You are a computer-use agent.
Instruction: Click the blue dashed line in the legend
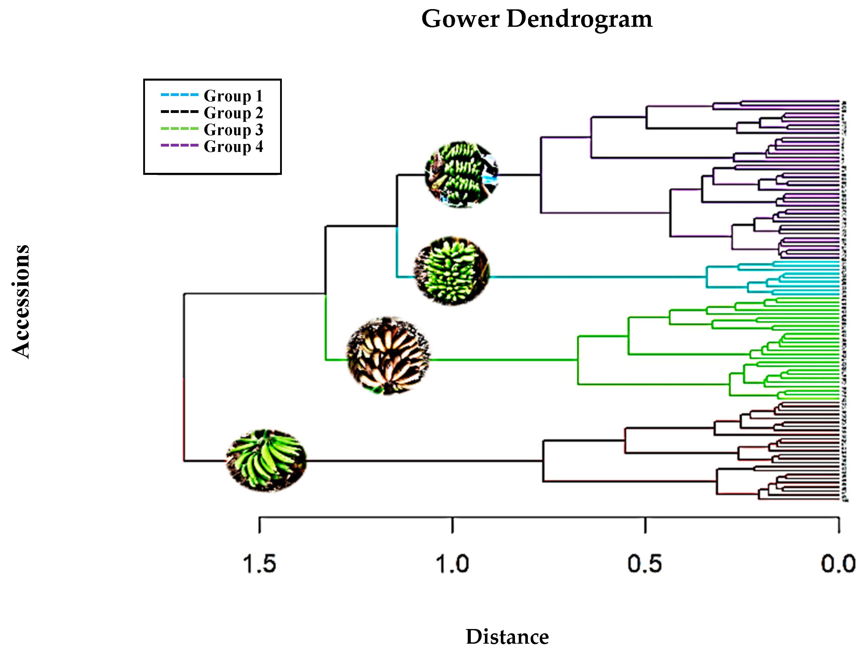180,95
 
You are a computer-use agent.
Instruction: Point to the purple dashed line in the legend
180,145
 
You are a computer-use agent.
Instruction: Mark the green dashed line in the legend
180,128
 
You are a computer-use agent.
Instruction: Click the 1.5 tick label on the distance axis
259,564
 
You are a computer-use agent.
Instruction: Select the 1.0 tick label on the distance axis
452,564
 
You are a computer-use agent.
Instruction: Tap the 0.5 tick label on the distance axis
645,564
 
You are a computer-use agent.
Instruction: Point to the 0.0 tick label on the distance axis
838,564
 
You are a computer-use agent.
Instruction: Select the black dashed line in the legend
180,112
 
